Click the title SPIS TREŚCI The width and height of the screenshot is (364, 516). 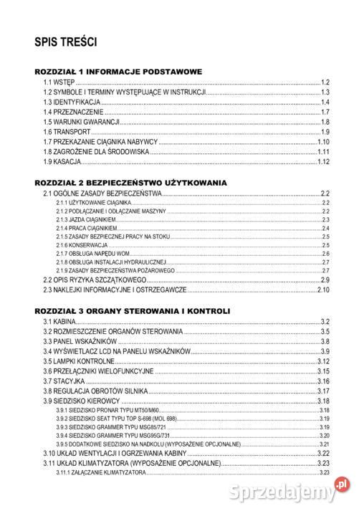tap(65, 42)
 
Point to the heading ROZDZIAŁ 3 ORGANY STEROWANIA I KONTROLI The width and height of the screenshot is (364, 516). tap(132, 311)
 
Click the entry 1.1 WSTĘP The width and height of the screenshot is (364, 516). tap(54, 83)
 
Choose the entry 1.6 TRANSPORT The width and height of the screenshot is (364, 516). tap(67, 133)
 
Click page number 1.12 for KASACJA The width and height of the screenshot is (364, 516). tap(322, 162)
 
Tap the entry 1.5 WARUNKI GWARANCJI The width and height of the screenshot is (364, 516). tap(80, 123)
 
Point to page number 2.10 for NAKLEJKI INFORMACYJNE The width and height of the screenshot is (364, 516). tap(322, 290)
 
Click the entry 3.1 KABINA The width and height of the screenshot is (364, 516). tap(60, 322)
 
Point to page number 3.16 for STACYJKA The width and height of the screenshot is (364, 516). tap(322, 382)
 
